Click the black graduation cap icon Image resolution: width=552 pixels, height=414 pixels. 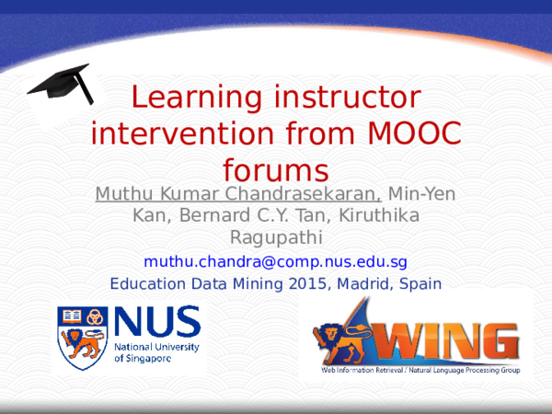coord(61,84)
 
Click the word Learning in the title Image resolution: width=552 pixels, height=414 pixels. coord(197,97)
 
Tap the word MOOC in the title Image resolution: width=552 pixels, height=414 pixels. coord(414,133)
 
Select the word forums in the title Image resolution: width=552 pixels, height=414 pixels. coord(276,170)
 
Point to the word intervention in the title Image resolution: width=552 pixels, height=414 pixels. coord(182,133)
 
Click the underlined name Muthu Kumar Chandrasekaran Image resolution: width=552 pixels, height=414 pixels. coord(238,193)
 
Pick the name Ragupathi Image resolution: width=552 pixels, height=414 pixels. coord(276,237)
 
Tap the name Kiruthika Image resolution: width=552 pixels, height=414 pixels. coord(379,215)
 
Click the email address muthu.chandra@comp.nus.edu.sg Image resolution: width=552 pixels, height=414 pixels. coord(275,261)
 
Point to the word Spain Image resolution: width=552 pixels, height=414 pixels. coord(420,283)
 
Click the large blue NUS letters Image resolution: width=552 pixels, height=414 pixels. coord(157,321)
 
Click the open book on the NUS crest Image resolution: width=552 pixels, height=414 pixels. coord(72,316)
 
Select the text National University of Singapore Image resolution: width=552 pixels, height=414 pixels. coord(156,352)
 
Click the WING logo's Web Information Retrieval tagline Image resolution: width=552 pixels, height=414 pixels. coord(420,370)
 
